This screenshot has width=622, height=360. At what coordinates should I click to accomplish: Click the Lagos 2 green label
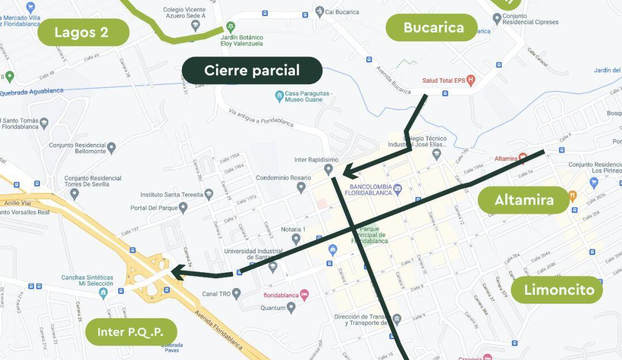pos(82,32)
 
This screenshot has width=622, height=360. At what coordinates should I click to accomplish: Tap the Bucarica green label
pos(432,28)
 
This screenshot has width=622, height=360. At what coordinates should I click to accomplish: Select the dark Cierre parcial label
pos(252,70)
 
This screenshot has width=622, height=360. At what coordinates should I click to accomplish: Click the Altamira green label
pos(524,200)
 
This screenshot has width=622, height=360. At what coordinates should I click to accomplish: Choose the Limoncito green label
pos(556,289)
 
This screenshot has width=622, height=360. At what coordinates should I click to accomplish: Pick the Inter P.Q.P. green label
pos(131,332)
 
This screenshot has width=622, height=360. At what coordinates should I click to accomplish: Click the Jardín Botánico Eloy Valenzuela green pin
pos(230,26)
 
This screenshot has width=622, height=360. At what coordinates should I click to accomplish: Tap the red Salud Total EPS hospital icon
pos(471,80)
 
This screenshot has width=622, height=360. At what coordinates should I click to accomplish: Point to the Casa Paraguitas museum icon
pos(279,95)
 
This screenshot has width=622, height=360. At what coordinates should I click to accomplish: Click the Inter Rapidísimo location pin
pos(328,169)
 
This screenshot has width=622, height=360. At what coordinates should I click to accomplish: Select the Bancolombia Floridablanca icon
pos(398,188)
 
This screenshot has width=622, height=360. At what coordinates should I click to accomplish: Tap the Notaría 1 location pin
pos(295,238)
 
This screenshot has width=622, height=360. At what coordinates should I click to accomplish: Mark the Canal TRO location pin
pos(236,294)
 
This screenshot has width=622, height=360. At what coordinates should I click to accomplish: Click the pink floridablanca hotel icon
pos(305,295)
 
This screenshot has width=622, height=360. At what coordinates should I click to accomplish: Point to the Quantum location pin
pos(291,308)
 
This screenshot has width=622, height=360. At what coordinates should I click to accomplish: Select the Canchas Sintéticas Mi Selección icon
pos(103,292)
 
